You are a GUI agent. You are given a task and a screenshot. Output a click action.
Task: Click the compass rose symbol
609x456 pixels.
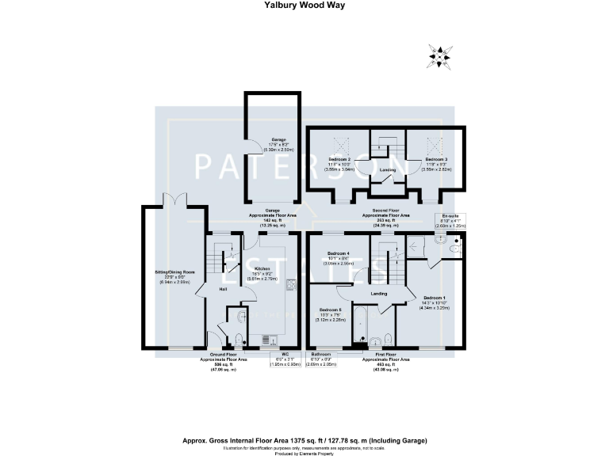tap(439, 55)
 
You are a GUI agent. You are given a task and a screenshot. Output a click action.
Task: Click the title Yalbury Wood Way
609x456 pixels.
tap(304, 5)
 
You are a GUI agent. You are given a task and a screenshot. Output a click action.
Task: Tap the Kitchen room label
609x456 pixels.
tap(263, 270)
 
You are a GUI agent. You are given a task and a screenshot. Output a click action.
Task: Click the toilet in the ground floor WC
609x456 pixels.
tap(242, 320)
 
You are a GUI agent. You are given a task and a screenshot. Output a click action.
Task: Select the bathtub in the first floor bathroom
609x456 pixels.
tap(358, 329)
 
